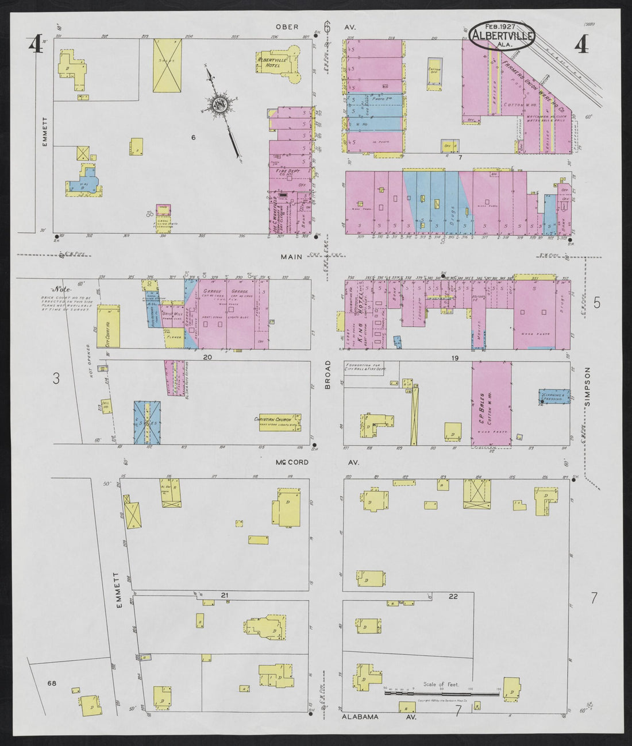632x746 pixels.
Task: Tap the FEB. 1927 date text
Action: point(499,26)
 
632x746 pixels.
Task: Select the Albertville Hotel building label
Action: point(273,61)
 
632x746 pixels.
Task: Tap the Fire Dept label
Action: point(286,170)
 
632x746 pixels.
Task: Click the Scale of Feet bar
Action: point(441,694)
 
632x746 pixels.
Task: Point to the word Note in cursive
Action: point(60,289)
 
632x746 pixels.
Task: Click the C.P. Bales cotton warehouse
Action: point(492,405)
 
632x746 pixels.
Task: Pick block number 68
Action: point(52,683)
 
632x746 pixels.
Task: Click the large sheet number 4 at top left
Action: point(36,44)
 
